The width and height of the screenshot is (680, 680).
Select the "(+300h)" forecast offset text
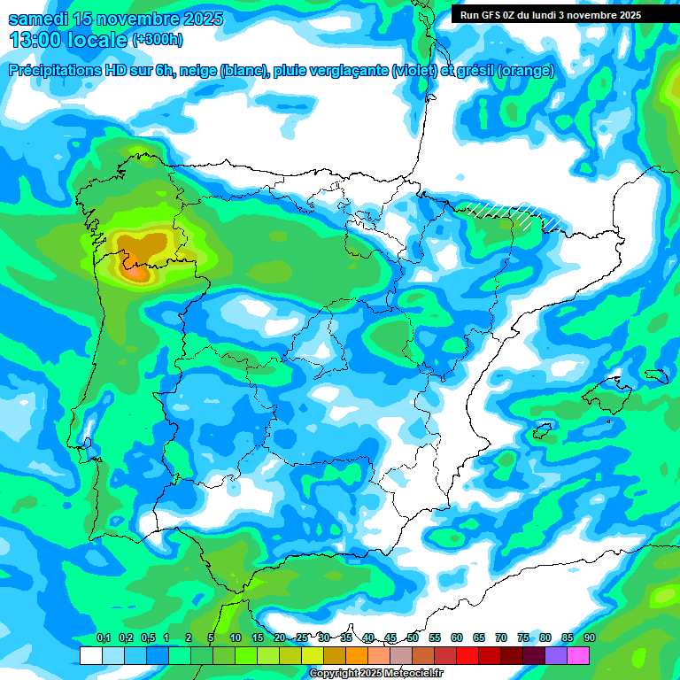[x=157, y=39]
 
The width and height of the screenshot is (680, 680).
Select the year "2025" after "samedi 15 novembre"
[x=197, y=19]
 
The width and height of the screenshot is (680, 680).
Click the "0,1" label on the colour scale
[x=103, y=638]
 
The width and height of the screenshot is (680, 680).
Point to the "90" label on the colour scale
[x=589, y=638]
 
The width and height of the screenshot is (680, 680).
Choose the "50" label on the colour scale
[x=413, y=638]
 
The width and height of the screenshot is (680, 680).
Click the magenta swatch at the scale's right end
[x=578, y=655]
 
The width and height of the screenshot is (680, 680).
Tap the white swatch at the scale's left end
[x=91, y=655]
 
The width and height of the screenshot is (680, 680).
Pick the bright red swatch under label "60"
[x=467, y=655]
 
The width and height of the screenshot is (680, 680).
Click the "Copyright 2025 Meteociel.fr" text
[x=375, y=673]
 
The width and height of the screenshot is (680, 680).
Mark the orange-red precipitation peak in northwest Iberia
[x=136, y=273]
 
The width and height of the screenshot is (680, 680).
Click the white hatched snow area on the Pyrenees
[x=505, y=212]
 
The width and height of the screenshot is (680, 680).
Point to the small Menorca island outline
[x=656, y=375]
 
